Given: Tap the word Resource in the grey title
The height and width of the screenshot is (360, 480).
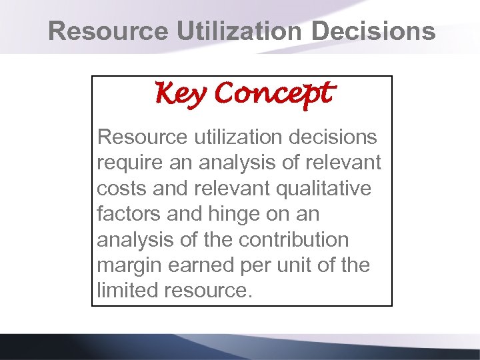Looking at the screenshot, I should (96, 31).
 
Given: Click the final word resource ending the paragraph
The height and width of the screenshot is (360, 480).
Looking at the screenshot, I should (209, 291).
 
